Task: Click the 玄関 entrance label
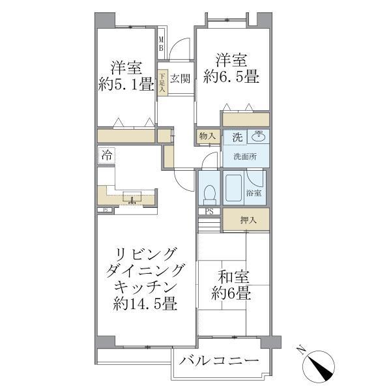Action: click(180, 79)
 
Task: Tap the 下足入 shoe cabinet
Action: click(162, 82)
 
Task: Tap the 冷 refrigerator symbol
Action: click(106, 156)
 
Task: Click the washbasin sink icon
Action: click(259, 137)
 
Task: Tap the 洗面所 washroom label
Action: click(244, 157)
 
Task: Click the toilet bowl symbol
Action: click(209, 194)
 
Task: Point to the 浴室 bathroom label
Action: click(254, 193)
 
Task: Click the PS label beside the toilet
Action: click(209, 212)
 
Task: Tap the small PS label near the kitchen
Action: click(104, 210)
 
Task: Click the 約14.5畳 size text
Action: click(146, 304)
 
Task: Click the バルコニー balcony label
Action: click(220, 361)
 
